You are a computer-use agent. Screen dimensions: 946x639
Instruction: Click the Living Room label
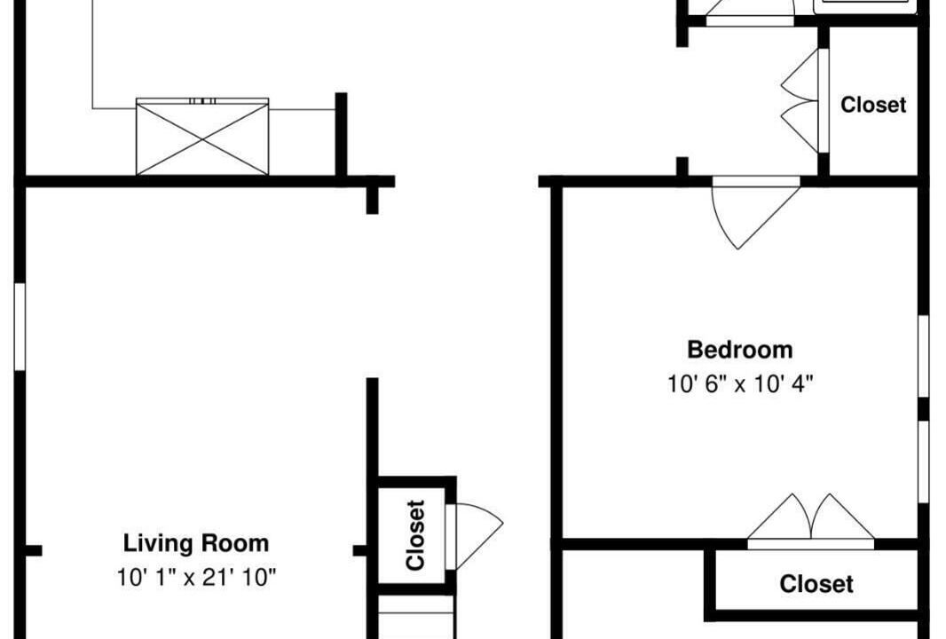point(196,543)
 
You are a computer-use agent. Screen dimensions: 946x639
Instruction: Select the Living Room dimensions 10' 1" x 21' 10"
point(196,578)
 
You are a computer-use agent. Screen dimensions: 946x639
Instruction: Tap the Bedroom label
point(739,350)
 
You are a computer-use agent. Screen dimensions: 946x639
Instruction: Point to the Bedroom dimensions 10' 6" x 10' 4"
point(739,383)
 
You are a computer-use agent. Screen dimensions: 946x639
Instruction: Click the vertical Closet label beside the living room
point(415,535)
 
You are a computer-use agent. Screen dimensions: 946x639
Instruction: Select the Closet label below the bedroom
point(816,583)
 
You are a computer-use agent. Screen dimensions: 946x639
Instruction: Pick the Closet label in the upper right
point(873,105)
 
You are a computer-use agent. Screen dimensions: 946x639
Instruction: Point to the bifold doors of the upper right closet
point(801,100)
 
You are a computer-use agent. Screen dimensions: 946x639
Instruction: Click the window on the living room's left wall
point(20,327)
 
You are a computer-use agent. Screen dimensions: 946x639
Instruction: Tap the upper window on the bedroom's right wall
point(923,356)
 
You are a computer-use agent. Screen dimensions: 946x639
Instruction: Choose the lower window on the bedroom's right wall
point(923,461)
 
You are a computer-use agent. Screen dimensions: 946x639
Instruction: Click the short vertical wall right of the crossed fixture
point(341,135)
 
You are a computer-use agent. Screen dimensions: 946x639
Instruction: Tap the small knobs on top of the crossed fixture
point(202,101)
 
